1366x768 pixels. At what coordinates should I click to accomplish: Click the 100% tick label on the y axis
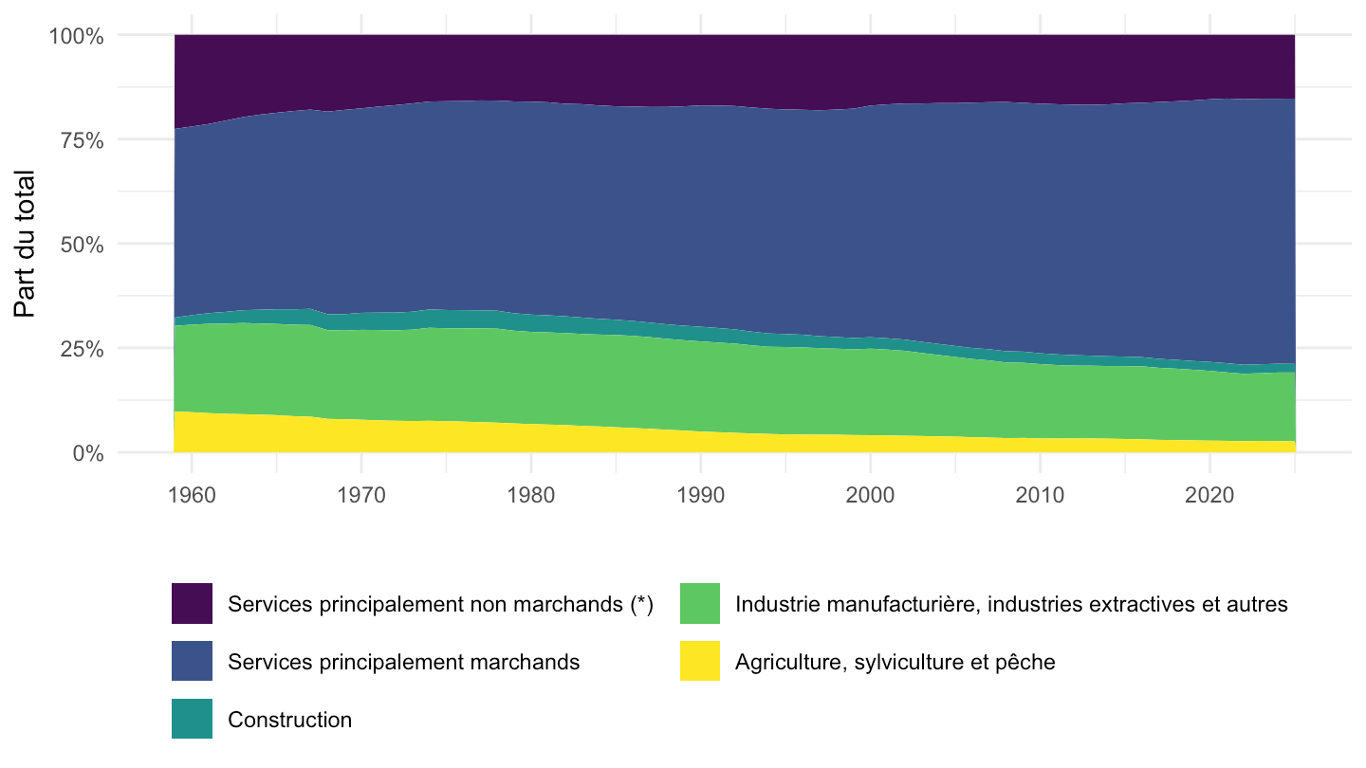[x=76, y=36]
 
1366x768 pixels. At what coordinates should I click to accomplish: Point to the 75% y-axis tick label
[x=82, y=140]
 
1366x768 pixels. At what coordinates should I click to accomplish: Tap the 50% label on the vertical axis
[x=82, y=245]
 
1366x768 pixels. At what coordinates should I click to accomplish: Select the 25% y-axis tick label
[x=82, y=349]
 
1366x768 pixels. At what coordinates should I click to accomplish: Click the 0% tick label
[x=88, y=453]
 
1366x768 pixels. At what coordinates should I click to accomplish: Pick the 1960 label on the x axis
[x=192, y=495]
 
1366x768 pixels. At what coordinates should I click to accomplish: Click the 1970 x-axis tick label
[x=361, y=495]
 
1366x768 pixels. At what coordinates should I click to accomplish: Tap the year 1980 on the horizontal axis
[x=531, y=495]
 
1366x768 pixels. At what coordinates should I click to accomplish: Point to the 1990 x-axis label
[x=701, y=495]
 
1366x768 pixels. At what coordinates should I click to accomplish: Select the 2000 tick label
[x=870, y=495]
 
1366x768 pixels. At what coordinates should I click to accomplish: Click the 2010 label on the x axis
[x=1040, y=495]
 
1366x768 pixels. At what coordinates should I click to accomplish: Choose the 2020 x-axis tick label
[x=1209, y=495]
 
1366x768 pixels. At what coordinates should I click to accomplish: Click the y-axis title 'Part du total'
[x=25, y=244]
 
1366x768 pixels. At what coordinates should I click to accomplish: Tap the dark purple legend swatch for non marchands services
[x=192, y=603]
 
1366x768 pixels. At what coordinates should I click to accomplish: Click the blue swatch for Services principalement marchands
[x=192, y=661]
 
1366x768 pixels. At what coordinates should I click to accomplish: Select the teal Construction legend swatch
[x=192, y=719]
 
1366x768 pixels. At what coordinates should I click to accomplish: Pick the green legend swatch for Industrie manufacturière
[x=700, y=603]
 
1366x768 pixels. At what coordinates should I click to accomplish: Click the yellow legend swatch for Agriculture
[x=700, y=661]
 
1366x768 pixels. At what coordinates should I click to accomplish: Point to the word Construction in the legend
[x=289, y=720]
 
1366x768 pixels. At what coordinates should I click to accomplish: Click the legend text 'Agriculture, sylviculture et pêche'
[x=895, y=662]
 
